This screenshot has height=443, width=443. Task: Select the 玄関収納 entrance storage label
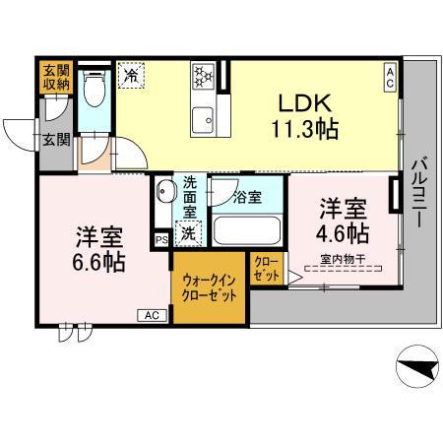point(55,78)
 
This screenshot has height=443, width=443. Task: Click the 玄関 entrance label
point(55,140)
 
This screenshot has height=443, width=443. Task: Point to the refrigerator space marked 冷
point(131,75)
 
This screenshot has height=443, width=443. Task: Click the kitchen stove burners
point(204,76)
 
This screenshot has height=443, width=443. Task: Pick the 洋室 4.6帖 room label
point(343,221)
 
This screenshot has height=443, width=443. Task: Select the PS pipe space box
point(161,239)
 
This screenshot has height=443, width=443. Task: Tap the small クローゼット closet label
point(266,269)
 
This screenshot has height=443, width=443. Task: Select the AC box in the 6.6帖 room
point(152,315)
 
